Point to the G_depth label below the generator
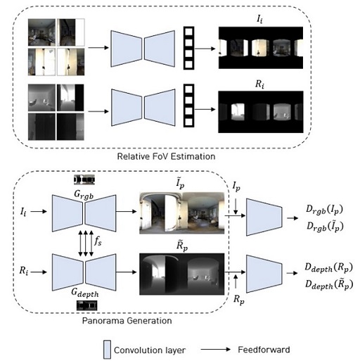point(86,294)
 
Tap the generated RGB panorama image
point(181,213)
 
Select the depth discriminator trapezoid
point(264,274)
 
